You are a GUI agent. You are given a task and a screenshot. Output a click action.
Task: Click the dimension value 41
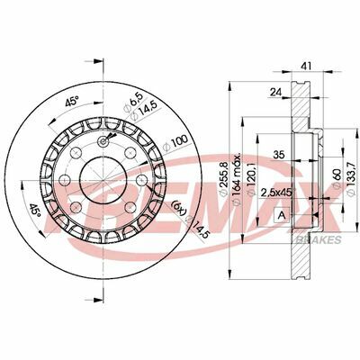pyautogui.click(x=307, y=66)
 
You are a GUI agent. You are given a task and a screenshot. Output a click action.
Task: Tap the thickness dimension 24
pyautogui.click(x=275, y=93)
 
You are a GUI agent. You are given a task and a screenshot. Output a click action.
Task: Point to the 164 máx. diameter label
pyautogui.click(x=236, y=179)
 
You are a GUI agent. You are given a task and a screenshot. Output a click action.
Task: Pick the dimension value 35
pyautogui.click(x=278, y=155)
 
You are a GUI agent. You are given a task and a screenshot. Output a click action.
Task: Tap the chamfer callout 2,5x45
pyautogui.click(x=276, y=193)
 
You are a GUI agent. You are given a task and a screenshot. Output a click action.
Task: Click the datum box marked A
pyautogui.click(x=282, y=215)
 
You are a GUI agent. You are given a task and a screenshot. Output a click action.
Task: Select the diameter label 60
pyautogui.click(x=337, y=179)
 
